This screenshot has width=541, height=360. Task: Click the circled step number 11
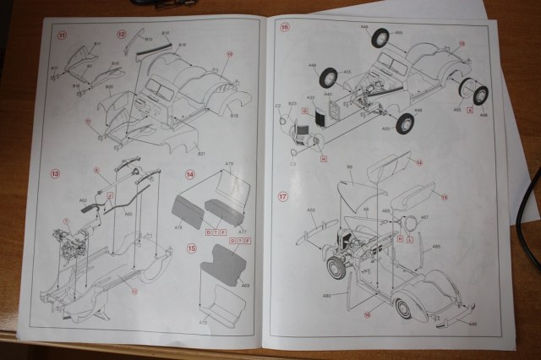pos(62,35)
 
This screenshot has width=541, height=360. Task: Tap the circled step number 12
pos(121,34)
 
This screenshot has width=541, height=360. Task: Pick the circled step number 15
pos(191,248)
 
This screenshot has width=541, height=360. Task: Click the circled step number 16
pos(285,28)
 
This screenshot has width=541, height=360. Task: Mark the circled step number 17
pos(285,195)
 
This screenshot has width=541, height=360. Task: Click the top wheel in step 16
pos(380,37)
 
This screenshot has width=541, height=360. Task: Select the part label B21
pos(201,154)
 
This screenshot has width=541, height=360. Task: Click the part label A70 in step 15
pos(203,322)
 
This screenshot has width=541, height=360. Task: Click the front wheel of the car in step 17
pos(336,269)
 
